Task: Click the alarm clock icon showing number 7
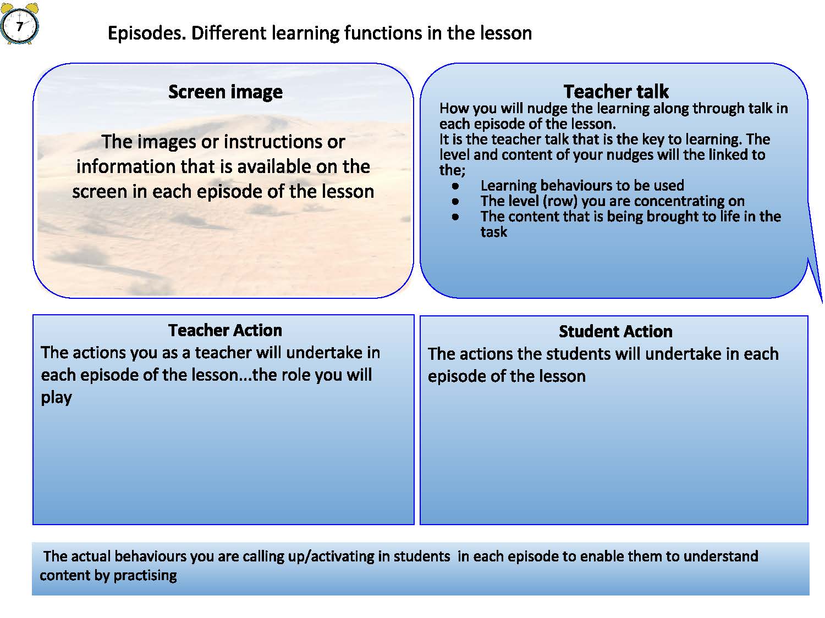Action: tap(20, 23)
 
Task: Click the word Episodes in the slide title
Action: tap(147, 34)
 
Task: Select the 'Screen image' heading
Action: tap(225, 92)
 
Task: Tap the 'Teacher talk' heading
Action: tap(615, 91)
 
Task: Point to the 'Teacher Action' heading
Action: tap(225, 330)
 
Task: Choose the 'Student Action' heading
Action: tap(615, 331)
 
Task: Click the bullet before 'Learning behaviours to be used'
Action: tap(455, 186)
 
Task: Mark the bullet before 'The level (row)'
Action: tap(455, 202)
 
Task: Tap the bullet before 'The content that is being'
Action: tap(455, 217)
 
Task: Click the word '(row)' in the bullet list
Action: tap(560, 202)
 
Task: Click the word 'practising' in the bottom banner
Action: tap(145, 576)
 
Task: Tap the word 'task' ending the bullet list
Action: tap(493, 232)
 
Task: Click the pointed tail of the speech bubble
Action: tap(822, 303)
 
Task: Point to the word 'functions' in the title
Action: tap(383, 34)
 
